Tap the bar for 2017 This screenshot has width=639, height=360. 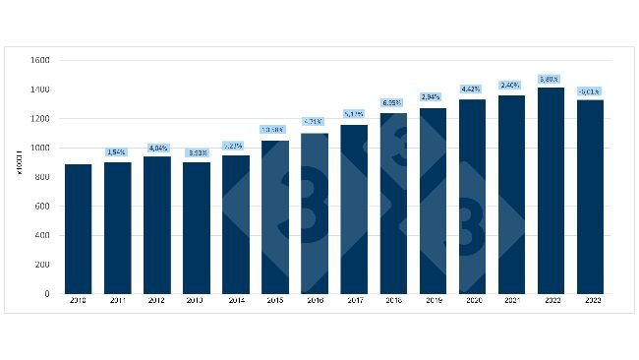click(353, 210)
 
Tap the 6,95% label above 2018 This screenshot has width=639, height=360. click(392, 102)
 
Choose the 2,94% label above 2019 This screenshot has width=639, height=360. click(433, 97)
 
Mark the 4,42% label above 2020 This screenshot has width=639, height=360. click(472, 90)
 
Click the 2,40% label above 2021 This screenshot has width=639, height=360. click(511, 85)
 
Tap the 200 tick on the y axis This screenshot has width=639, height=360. click(42, 265)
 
